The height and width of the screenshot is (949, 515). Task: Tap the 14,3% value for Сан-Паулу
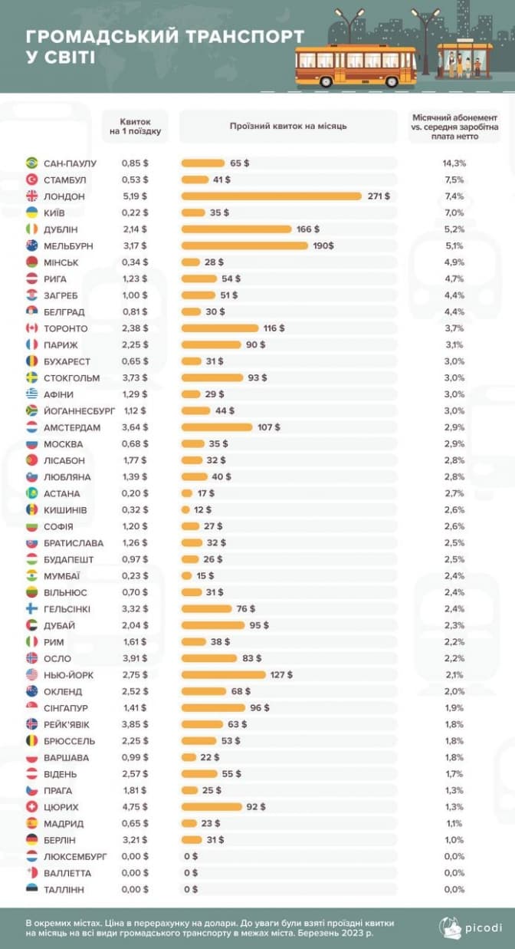point(455,163)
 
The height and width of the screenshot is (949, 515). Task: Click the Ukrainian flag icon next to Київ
point(32,213)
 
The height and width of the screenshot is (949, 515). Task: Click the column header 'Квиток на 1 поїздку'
point(135,127)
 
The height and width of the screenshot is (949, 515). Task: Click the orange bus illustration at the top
point(356,65)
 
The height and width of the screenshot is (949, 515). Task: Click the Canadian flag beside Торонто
point(32,328)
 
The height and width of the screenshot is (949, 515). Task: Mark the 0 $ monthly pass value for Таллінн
point(190,889)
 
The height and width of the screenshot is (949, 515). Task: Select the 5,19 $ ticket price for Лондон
point(135,196)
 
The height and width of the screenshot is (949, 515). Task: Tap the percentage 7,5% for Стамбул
point(455,180)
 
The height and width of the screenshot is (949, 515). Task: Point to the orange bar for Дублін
point(237,229)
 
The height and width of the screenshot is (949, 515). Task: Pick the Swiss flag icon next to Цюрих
point(32,807)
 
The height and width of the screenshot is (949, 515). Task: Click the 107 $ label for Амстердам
point(268,427)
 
